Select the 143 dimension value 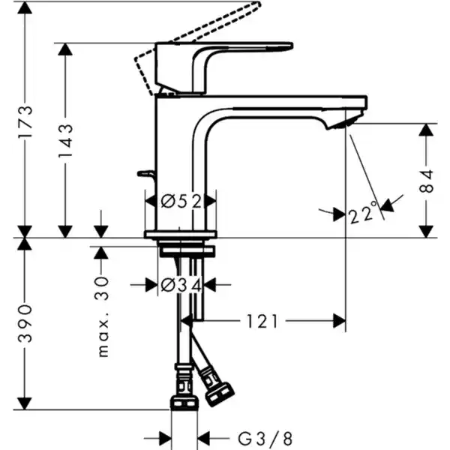[x=65, y=138]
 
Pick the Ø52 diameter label [x=180, y=201]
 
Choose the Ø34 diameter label [x=180, y=284]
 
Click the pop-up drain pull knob [x=145, y=174]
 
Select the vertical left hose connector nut [x=183, y=389]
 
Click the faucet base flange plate [x=180, y=235]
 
